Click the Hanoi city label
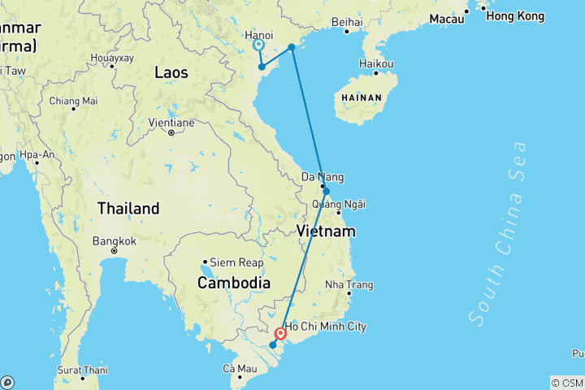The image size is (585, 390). [x=258, y=36]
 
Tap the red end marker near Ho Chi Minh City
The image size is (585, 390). [x=280, y=333]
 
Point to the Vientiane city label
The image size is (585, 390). [x=171, y=123]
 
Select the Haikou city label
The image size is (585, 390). [x=377, y=64]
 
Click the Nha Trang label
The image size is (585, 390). [x=349, y=285]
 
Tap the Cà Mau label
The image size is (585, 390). [x=240, y=369]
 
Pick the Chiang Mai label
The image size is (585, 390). [x=74, y=101]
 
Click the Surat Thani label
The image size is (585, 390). [x=83, y=370]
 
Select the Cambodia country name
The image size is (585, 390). [x=232, y=283]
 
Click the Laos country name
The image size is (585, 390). [x=171, y=73]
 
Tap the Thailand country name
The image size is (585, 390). [x=128, y=209]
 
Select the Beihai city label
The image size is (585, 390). [x=346, y=22]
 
